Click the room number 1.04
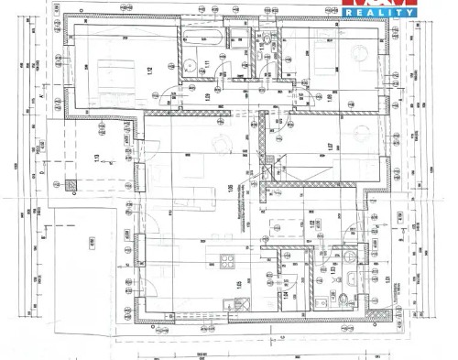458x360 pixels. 287,296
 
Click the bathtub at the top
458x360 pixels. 201,39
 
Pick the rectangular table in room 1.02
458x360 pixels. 278,225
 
